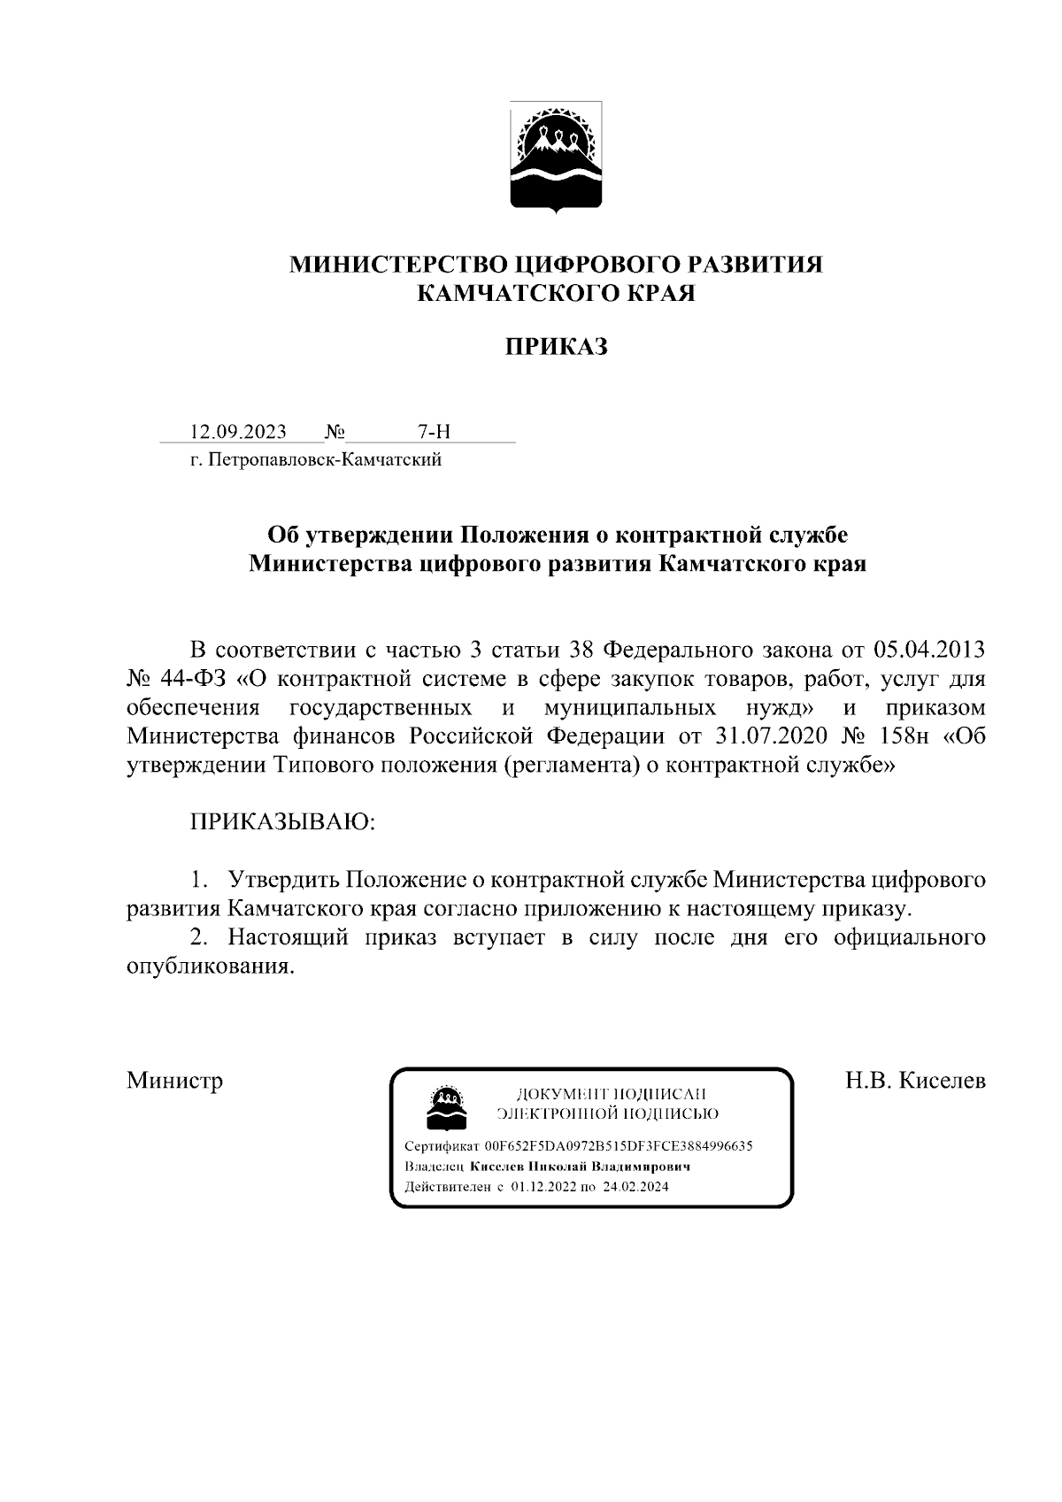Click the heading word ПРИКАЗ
557,347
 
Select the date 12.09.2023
239,432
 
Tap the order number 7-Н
434,432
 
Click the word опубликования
210,967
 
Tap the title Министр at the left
174,1081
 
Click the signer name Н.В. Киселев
915,1081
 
